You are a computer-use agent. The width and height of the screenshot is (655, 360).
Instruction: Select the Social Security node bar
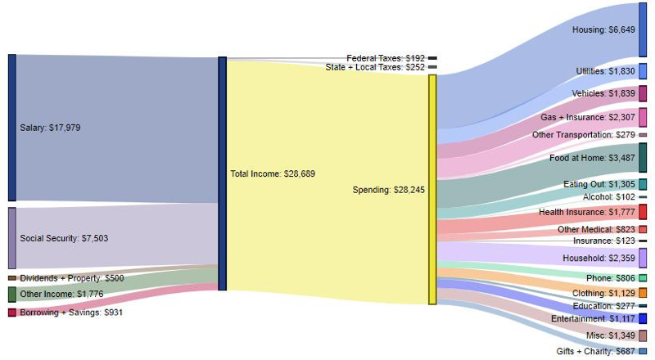click(11, 238)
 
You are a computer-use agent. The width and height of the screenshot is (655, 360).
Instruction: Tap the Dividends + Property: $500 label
click(71, 278)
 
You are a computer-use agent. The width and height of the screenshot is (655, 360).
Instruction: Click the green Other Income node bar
click(11, 295)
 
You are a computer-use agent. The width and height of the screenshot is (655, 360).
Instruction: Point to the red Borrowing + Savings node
click(11, 313)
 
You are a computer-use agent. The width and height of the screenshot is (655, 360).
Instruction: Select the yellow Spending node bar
click(432, 190)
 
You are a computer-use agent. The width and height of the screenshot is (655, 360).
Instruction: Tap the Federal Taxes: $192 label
click(386, 58)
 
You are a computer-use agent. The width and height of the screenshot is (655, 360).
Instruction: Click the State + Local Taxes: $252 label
click(375, 67)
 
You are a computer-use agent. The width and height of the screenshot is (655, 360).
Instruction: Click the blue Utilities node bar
click(643, 71)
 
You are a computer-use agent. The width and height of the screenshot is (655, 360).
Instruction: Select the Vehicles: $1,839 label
click(603, 93)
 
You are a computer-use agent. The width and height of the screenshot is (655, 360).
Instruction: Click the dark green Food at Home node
click(643, 157)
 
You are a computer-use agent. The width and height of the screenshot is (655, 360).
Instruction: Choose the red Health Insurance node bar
click(643, 212)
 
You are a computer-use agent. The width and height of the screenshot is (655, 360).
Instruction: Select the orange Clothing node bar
click(643, 293)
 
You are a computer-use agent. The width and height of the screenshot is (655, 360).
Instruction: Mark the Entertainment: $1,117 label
click(593, 318)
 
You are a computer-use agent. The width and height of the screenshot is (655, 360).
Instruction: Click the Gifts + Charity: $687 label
click(596, 351)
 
